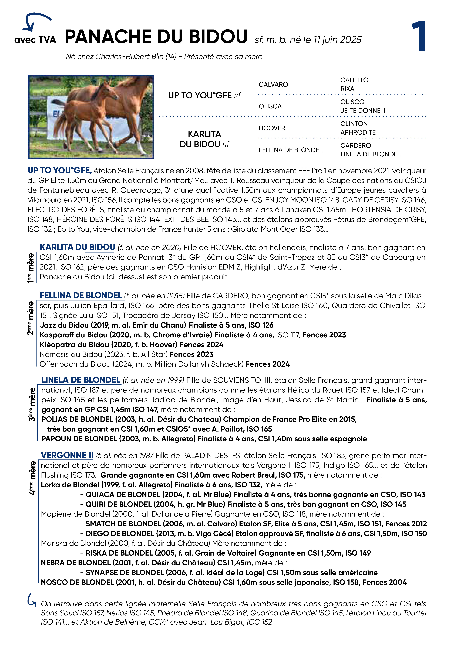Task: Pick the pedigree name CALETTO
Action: (354, 80)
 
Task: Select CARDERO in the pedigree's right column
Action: (355, 145)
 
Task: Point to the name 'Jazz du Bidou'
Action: (64, 325)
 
